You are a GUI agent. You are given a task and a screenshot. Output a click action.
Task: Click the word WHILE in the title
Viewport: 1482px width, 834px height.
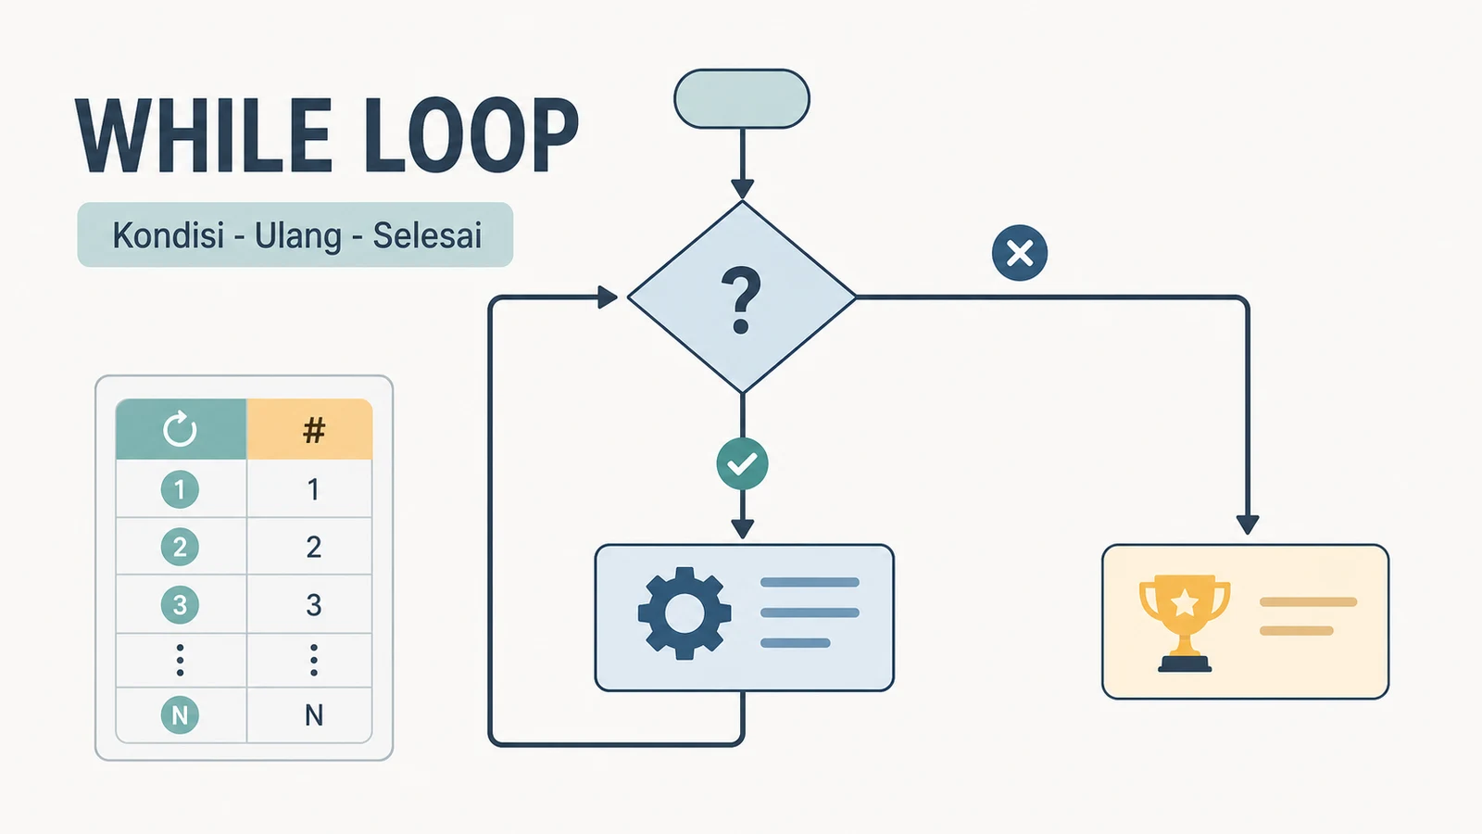tap(204, 135)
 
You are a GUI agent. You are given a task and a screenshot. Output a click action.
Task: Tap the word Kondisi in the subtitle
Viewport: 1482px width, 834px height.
tap(168, 235)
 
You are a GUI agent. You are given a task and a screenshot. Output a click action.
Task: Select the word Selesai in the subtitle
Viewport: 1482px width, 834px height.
tap(427, 235)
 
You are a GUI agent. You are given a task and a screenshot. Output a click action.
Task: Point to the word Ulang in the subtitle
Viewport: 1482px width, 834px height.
tap(298, 236)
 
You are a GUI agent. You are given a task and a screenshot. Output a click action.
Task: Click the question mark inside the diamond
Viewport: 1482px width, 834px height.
tap(741, 299)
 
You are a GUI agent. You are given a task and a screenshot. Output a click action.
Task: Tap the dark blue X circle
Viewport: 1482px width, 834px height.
tap(1020, 253)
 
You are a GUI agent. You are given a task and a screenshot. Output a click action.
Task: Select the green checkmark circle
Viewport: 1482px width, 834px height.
tap(742, 464)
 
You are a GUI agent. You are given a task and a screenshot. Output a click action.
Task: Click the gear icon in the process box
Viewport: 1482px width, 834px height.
tap(684, 613)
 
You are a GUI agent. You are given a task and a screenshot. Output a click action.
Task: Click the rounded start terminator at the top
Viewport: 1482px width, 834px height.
tap(742, 98)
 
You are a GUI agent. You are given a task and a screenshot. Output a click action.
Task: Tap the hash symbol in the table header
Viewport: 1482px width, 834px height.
tap(314, 430)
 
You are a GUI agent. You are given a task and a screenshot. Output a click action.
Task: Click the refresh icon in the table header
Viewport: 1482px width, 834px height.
tap(180, 429)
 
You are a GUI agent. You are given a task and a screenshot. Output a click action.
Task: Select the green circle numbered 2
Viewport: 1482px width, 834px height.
tap(180, 547)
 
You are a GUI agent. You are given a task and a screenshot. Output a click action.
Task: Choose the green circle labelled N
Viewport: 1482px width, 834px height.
tap(180, 714)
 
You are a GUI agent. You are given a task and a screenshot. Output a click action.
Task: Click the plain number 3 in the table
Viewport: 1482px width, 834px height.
tap(314, 605)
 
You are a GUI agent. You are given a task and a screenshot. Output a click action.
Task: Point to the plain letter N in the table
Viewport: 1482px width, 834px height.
tap(314, 715)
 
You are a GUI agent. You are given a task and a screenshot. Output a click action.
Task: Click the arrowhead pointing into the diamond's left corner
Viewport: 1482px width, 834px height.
tap(608, 297)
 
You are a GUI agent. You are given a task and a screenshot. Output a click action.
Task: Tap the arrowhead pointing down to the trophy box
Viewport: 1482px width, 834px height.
tap(1247, 524)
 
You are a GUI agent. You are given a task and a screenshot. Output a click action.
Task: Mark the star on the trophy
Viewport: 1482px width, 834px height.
tap(1185, 603)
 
